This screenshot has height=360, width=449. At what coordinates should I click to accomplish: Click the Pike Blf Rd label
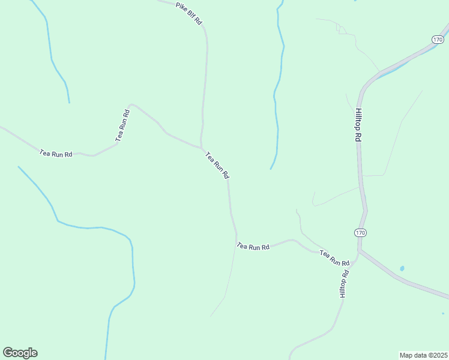pyautogui.click(x=189, y=14)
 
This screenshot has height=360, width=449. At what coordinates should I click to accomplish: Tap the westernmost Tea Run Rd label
pyautogui.click(x=56, y=154)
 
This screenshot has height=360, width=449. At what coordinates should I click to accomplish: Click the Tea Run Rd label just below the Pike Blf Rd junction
pyautogui.click(x=217, y=166)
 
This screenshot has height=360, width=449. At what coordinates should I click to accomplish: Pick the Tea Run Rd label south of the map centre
pyautogui.click(x=253, y=246)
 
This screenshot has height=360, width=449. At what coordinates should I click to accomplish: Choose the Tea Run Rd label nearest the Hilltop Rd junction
pyautogui.click(x=334, y=258)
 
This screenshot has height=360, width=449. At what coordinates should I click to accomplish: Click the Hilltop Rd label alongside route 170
pyautogui.click(x=358, y=124)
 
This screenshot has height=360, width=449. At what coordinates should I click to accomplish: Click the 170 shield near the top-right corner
pyautogui.click(x=437, y=39)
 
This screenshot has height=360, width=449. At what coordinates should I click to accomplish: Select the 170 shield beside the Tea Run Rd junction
pyautogui.click(x=360, y=232)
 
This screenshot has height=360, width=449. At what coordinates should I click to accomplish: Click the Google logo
pyautogui.click(x=20, y=353)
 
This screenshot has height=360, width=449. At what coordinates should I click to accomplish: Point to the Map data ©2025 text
pyautogui.click(x=423, y=355)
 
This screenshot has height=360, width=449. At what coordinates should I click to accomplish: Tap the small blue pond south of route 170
pyautogui.click(x=402, y=268)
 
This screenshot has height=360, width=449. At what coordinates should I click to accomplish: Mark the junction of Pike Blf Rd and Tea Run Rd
pyautogui.click(x=201, y=147)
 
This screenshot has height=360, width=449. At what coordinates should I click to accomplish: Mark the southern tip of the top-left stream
pyautogui.click(x=69, y=103)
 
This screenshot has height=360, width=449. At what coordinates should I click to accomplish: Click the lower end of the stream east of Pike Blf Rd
pyautogui.click(x=271, y=169)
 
